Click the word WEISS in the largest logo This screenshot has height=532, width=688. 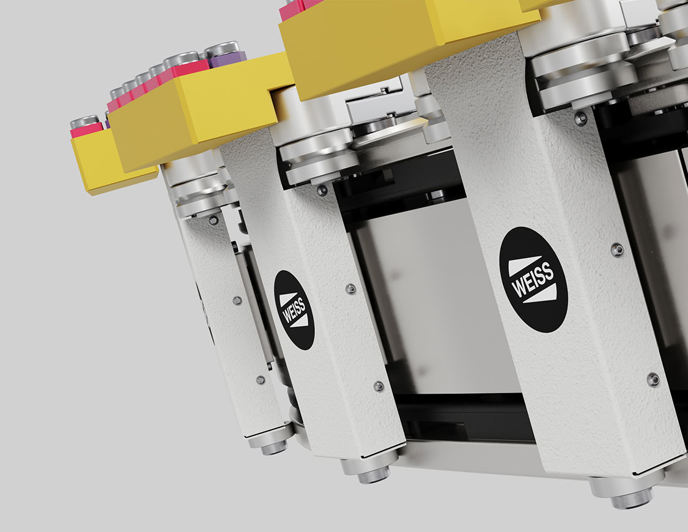click(x=533, y=280)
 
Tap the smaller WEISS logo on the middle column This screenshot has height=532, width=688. click(x=294, y=310)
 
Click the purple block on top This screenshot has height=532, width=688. click(x=227, y=59)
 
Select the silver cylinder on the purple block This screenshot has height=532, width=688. click(x=222, y=48)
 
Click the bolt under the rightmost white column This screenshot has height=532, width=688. click(x=632, y=498)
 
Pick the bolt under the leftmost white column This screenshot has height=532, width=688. click(x=273, y=448)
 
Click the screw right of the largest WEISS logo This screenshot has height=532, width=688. click(x=617, y=250)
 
